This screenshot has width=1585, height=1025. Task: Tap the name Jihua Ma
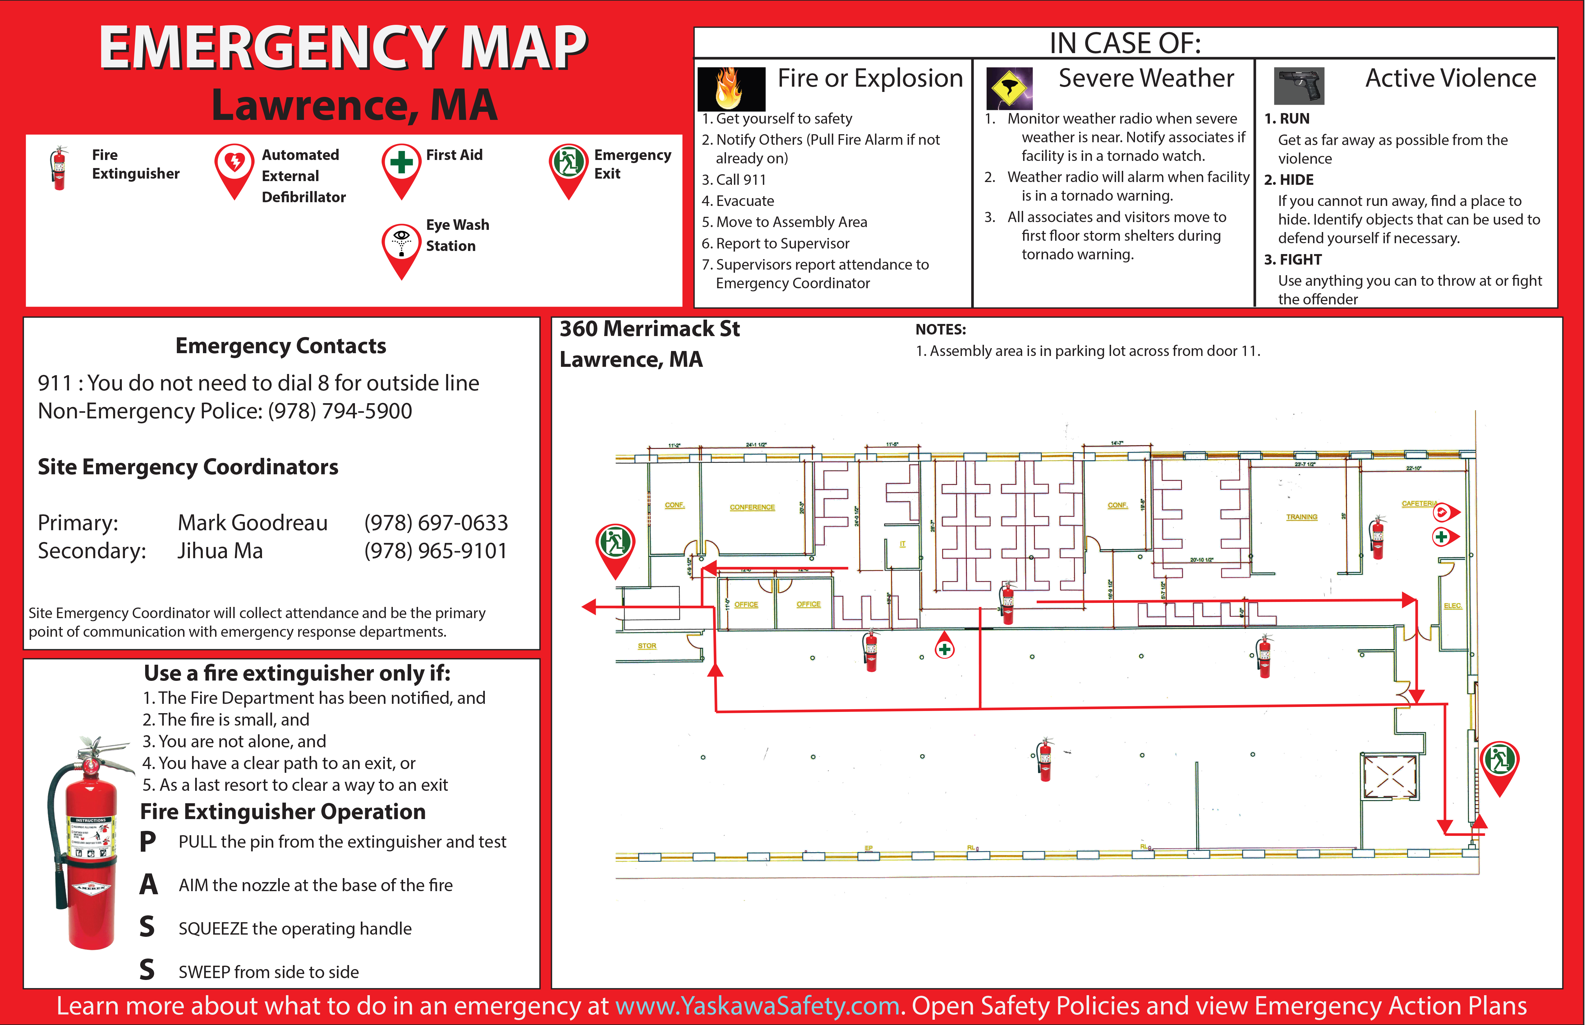[x=220, y=551]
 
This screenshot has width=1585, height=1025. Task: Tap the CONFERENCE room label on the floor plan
[x=752, y=507]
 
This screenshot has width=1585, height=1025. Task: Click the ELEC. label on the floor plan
[x=1453, y=606]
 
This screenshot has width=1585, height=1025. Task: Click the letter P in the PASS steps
[x=148, y=842]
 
